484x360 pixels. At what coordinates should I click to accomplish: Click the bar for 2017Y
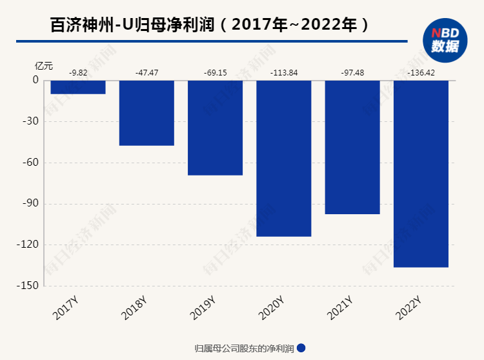click(x=78, y=87)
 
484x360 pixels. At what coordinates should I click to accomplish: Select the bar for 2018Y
click(x=146, y=113)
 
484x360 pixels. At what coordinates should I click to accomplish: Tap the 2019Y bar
click(x=215, y=128)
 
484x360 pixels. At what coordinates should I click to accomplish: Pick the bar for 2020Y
click(x=284, y=158)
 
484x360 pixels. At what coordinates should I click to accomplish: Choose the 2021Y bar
click(x=352, y=147)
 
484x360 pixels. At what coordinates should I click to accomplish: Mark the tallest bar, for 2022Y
click(x=421, y=174)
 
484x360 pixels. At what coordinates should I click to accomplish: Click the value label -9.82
click(x=78, y=72)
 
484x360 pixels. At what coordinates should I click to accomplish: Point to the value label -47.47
click(x=146, y=72)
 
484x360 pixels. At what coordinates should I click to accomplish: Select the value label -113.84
click(x=284, y=72)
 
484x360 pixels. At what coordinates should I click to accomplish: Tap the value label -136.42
click(x=421, y=72)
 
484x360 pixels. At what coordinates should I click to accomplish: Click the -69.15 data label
click(x=215, y=72)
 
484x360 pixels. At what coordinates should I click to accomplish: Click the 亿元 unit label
click(x=44, y=65)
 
